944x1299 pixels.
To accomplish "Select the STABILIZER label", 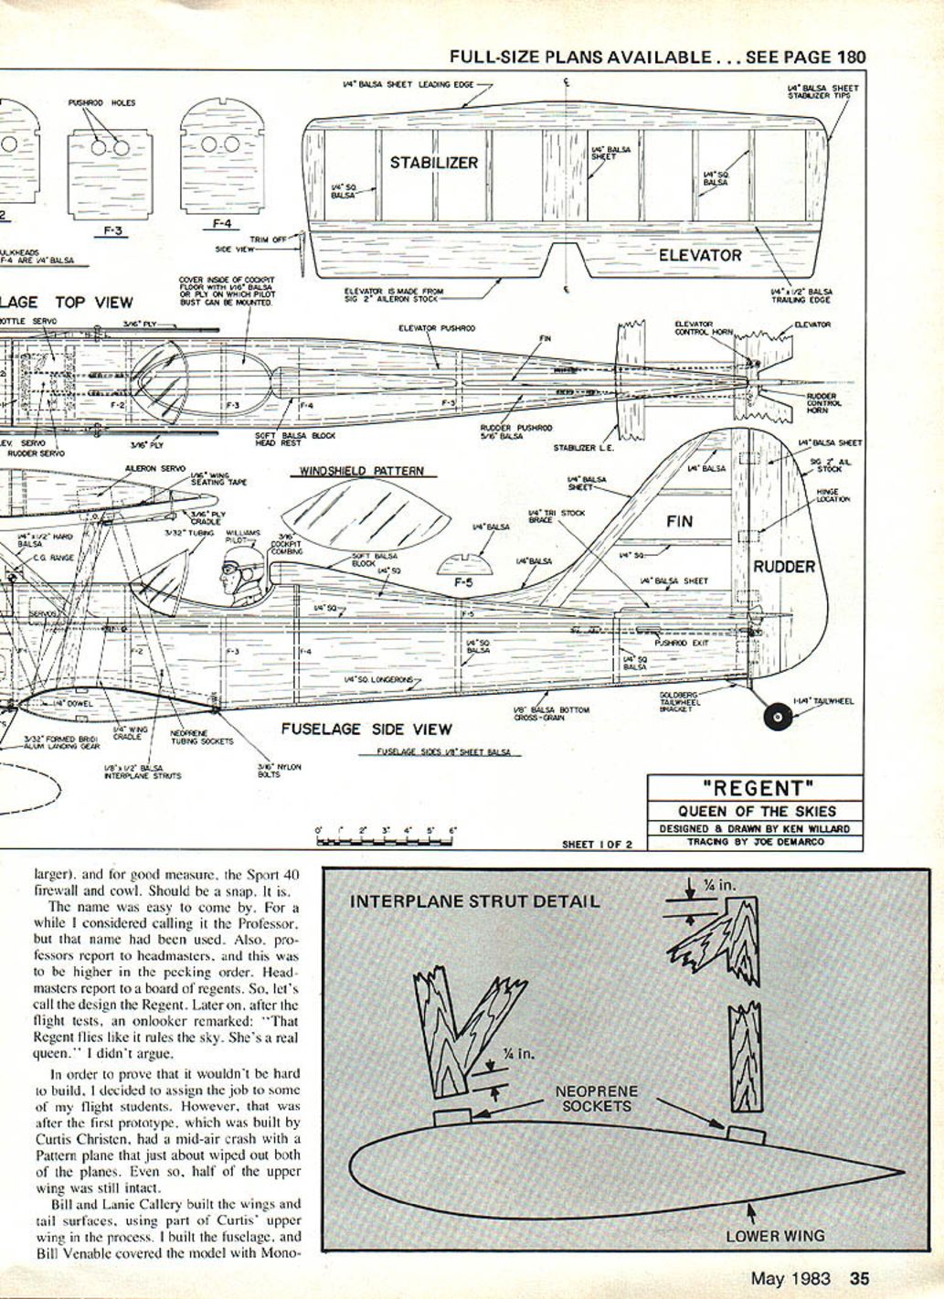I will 434,163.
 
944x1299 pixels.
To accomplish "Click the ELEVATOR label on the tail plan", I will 700,255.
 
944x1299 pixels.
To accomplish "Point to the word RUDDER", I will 784,567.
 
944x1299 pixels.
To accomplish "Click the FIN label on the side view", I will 680,522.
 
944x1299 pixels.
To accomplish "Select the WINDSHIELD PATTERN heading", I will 363,472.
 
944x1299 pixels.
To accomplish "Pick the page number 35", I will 860,1279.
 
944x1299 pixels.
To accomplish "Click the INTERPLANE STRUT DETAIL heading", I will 475,901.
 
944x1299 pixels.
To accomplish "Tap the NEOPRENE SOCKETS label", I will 597,1099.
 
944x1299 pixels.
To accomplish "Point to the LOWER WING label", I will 775,1236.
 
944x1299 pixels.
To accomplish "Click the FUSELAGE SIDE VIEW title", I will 366,729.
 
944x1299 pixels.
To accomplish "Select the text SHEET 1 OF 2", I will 597,845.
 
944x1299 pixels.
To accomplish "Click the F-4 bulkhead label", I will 222,222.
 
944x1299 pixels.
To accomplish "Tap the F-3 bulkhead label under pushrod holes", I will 113,231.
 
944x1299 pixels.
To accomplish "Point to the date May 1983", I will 791,1279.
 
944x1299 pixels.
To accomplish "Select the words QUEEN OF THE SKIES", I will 756,812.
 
